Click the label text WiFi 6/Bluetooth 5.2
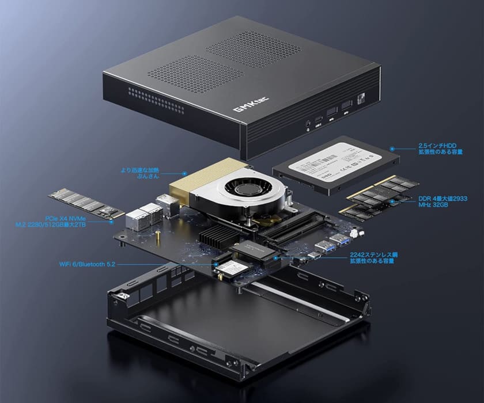point(88,264)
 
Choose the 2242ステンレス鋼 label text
point(374,257)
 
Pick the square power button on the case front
point(361,99)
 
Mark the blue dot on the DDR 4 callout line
point(394,199)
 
